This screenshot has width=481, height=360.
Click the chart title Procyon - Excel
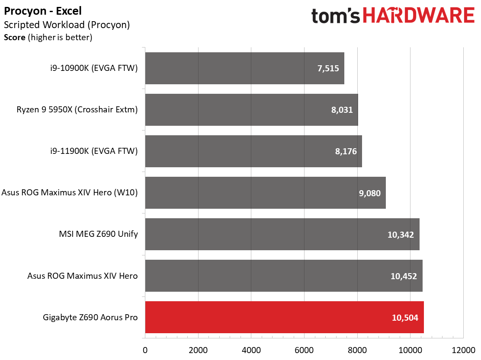43,11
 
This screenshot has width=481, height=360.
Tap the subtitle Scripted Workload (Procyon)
67,25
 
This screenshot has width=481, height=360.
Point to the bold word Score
15,37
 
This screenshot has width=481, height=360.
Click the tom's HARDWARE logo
393,16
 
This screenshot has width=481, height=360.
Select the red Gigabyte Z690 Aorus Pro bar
284,317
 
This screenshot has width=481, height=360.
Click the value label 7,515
328,68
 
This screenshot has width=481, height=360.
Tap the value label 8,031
342,110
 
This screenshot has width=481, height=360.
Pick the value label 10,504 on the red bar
405,317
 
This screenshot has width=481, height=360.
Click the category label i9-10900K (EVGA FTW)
94,68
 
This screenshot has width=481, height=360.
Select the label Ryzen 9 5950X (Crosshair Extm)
77,110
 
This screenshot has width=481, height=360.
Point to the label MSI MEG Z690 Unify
99,234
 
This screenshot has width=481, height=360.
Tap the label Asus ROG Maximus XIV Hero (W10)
70,192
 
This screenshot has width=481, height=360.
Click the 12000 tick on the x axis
463,350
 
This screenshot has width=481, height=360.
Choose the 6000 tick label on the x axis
304,350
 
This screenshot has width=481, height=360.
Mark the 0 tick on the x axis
145,350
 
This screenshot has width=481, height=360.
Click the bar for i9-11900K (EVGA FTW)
253,151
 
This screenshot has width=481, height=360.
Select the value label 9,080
370,193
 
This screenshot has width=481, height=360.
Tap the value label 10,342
401,235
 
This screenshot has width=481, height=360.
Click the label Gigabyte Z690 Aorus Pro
90,317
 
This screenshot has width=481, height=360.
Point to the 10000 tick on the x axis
410,350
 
